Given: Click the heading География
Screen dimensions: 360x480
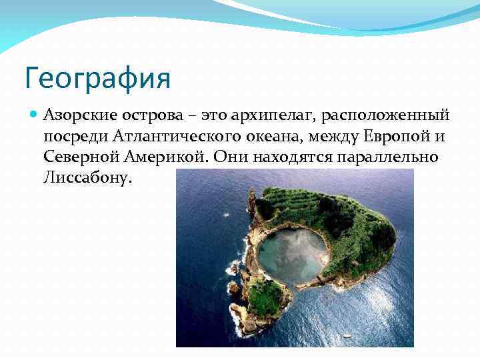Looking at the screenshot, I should pos(97,77).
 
